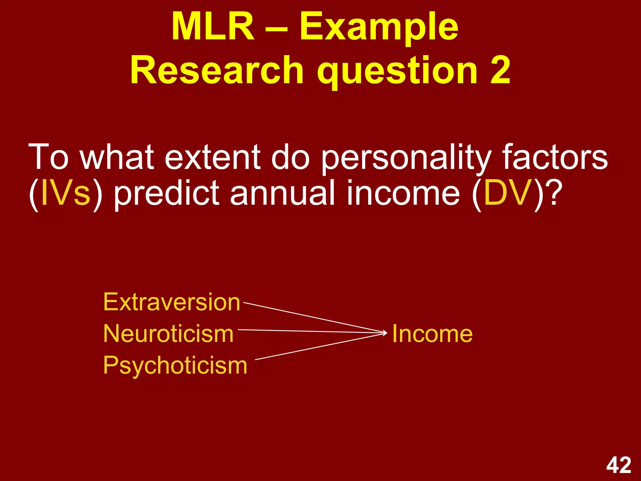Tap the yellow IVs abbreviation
click(65, 193)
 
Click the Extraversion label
click(172, 302)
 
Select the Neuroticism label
click(168, 334)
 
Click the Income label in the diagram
click(432, 334)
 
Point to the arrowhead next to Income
click(385, 333)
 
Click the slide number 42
click(618, 465)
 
